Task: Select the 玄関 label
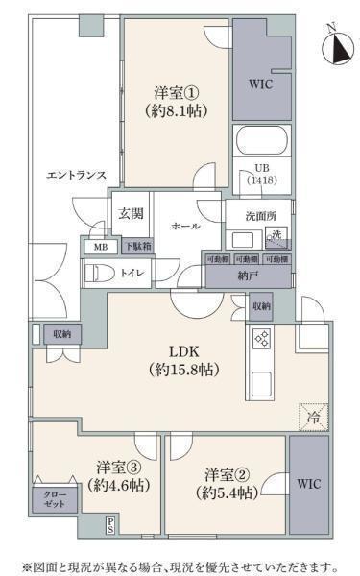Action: tap(130, 214)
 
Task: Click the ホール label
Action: tap(185, 226)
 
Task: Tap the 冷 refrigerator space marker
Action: tap(312, 417)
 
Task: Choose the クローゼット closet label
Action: tap(53, 499)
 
